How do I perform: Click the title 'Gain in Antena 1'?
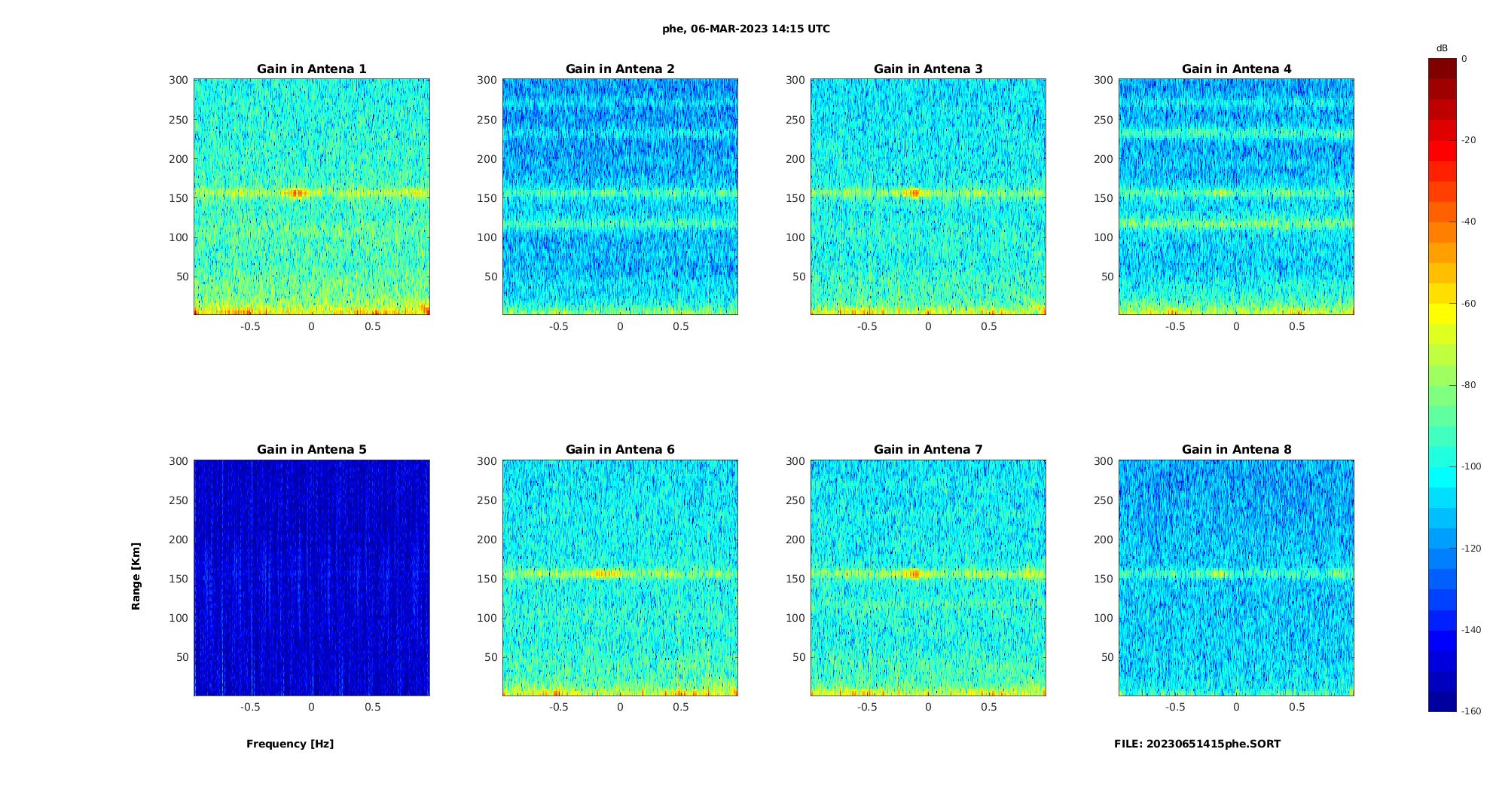tap(311, 69)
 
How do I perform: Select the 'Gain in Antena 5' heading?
tap(311, 449)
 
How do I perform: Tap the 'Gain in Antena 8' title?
tap(1236, 449)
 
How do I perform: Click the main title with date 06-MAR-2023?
tap(746, 29)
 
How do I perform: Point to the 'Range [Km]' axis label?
tap(136, 576)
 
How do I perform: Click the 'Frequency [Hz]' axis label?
tap(290, 744)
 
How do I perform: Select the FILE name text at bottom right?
tap(1197, 744)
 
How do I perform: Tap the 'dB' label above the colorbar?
tap(1442, 48)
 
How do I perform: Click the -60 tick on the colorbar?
tap(1468, 304)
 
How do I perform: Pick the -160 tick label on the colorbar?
tap(1470, 711)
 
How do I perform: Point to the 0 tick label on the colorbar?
tap(1464, 59)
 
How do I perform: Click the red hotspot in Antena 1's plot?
tap(298, 193)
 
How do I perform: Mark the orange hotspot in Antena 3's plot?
tap(914, 193)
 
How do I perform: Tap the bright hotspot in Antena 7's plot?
tap(914, 574)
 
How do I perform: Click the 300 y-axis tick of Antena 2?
tap(487, 80)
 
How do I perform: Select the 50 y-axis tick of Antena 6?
tap(490, 657)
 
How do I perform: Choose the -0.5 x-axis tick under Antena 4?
tap(1175, 326)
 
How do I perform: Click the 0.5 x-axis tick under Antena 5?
tap(373, 707)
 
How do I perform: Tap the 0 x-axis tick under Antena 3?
tap(928, 326)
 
